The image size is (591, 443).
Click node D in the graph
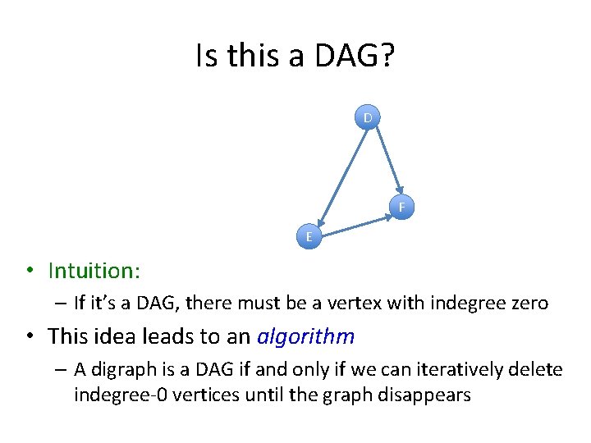(x=368, y=118)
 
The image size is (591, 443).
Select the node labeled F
(x=402, y=207)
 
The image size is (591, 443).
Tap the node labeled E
(x=309, y=237)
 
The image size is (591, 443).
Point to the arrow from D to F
(x=384, y=160)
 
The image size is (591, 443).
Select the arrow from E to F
(x=355, y=223)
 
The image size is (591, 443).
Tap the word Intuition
(x=93, y=271)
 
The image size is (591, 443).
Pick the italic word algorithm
(x=305, y=336)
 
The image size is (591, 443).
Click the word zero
(x=528, y=304)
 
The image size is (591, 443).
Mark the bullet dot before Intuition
(x=28, y=272)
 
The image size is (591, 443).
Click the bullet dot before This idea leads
(x=28, y=337)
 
